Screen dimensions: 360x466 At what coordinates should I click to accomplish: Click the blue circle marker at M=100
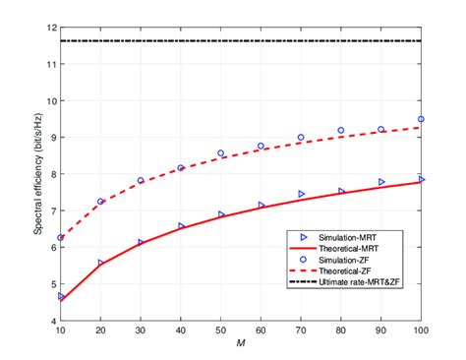pos(422,119)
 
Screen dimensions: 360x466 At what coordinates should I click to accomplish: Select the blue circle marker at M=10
pos(61,237)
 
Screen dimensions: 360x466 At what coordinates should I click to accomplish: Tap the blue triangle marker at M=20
pos(101,263)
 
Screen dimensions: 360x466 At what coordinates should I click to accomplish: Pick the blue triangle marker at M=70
pos(302,194)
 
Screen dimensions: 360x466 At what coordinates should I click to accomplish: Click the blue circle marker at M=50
pos(221,153)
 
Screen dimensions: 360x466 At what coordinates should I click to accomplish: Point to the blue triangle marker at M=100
pos(422,179)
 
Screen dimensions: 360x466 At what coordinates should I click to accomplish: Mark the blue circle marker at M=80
pos(341,130)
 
